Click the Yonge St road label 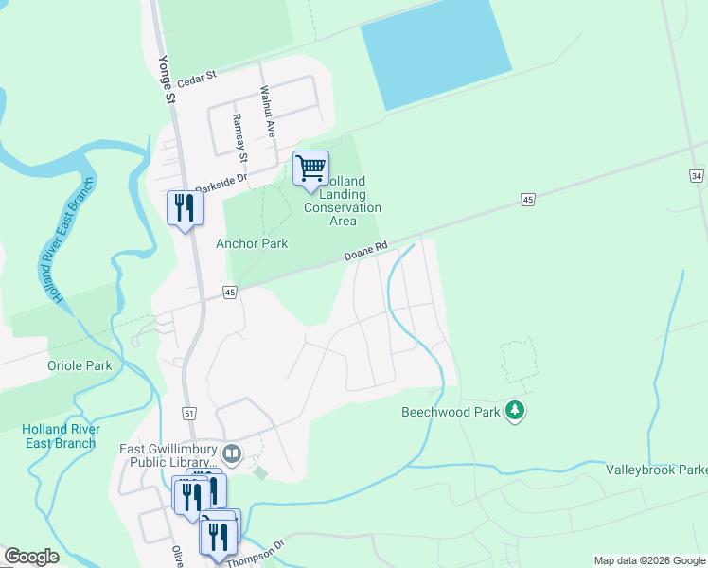[166, 79]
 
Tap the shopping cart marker [310, 169]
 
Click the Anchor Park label [252, 243]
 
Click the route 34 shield [697, 176]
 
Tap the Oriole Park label [80, 365]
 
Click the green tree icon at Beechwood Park [515, 411]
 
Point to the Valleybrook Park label [656, 470]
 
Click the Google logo [31, 557]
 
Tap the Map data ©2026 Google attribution [648, 560]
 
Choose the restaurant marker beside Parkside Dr [185, 208]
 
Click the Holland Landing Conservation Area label [343, 201]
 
